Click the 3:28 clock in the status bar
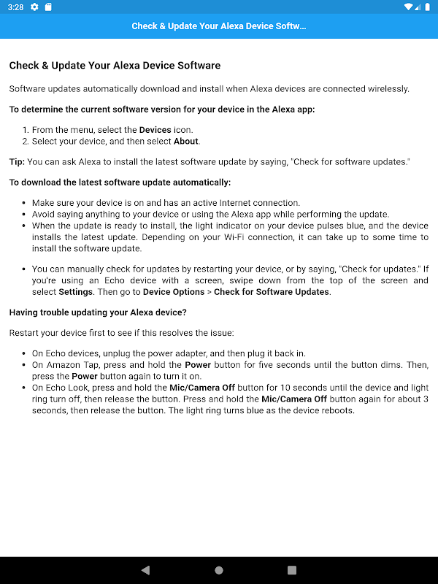(15, 7)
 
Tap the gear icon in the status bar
(34, 7)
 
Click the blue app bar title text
(218, 26)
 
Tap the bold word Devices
(155, 130)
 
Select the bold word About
(186, 142)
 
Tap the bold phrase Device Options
(173, 292)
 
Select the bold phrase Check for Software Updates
(272, 292)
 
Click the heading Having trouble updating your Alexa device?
(98, 312)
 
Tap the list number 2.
(25, 142)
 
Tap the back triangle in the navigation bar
(145, 570)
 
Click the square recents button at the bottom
(292, 570)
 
